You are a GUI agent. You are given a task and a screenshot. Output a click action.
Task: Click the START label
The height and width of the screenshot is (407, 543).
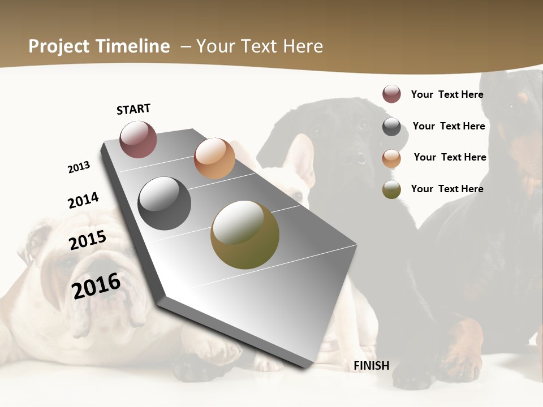tap(133, 109)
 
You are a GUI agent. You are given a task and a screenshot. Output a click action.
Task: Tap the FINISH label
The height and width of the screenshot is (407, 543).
tap(371, 366)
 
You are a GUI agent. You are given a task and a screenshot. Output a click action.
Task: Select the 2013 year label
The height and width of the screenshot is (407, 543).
tap(79, 167)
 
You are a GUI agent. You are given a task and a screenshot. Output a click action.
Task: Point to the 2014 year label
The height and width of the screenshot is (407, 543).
tap(83, 200)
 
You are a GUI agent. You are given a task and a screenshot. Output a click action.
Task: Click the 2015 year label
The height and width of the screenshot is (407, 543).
tap(88, 240)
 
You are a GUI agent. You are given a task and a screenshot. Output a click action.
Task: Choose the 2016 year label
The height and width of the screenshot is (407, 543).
tap(96, 285)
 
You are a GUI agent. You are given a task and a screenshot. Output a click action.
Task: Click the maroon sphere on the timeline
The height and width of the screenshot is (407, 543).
tap(139, 139)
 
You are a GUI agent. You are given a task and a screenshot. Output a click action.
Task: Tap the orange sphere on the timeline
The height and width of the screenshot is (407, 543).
tap(214, 158)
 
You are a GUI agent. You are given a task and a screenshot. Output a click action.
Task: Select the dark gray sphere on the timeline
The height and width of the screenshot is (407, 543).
tap(165, 203)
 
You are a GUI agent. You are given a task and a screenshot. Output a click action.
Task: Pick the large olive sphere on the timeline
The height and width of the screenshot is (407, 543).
tap(245, 235)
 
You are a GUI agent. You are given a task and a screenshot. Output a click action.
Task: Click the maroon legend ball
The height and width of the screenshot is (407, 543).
tap(391, 94)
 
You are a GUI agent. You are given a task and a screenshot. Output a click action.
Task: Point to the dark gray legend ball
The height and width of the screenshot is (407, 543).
tap(391, 127)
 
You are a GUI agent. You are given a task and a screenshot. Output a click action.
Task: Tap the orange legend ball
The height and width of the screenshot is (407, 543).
tap(391, 158)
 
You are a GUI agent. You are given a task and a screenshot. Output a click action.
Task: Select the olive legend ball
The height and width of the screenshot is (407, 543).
tap(391, 190)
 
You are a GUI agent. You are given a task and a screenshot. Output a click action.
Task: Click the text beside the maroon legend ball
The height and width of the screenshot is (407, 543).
tap(447, 94)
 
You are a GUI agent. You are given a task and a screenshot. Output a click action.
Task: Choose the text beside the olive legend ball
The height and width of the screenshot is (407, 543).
tap(447, 189)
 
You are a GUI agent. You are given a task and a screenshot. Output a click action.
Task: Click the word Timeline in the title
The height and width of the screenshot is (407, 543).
tap(133, 46)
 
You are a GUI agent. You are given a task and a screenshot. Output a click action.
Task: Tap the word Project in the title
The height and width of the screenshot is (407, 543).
tap(57, 46)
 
